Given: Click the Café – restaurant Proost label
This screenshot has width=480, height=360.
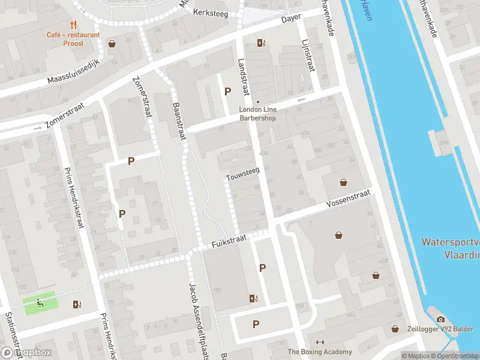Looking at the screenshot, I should point(73,39).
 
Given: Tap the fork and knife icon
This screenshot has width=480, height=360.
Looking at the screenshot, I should point(73,25).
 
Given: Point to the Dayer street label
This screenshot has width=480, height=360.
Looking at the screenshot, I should point(291,19).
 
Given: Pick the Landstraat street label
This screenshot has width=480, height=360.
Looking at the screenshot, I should point(243,77).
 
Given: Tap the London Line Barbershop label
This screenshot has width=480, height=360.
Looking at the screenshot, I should point(257,114).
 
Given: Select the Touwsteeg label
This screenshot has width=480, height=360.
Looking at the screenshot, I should point(242,174).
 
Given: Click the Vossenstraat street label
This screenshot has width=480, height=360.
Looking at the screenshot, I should point(349,200).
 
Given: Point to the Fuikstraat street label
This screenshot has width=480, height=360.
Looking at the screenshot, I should point(229,242).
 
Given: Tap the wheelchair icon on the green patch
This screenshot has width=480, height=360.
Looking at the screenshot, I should point(40,303).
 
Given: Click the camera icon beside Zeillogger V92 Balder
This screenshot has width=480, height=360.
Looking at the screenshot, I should point(440,320).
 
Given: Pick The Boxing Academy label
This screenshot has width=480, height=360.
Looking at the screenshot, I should point(320,352).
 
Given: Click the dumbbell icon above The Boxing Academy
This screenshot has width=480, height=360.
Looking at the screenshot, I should point(320,342).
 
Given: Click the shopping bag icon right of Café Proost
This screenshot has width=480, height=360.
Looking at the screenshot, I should point(112,43).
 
